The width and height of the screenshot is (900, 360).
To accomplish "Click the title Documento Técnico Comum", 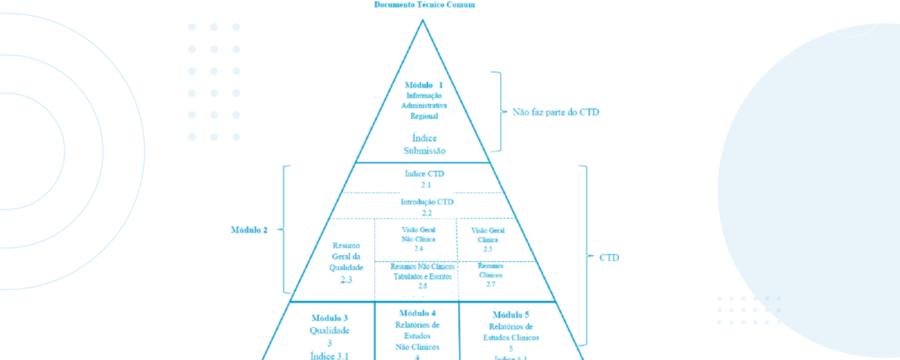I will [424, 4].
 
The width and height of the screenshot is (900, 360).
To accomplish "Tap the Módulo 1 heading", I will [424, 85].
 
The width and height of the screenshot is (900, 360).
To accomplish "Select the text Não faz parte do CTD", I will [556, 112].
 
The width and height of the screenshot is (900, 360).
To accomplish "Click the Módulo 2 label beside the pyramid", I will [249, 229].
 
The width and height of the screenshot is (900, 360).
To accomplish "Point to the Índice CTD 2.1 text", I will [424, 178].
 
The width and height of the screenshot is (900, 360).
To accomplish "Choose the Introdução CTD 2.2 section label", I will [427, 207].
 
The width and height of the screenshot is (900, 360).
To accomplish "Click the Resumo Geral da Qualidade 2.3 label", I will [346, 262].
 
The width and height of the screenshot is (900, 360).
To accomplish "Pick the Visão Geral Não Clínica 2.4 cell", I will [418, 238].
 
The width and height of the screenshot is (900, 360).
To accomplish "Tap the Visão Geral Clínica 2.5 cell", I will [487, 239].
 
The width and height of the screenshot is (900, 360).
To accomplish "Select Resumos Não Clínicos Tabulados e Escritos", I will [423, 276].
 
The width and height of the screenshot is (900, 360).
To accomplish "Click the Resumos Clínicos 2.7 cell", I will [491, 275].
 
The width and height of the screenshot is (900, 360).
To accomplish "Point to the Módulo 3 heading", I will [330, 318].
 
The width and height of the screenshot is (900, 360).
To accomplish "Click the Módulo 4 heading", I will [418, 313].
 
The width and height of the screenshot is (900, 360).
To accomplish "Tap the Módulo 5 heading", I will [511, 314].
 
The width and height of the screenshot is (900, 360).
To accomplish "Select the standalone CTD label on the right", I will [609, 257].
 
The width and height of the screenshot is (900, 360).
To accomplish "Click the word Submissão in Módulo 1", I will [424, 151].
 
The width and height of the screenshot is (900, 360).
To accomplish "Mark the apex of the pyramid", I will [423, 19].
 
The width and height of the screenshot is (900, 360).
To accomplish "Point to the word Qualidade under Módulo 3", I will [330, 330].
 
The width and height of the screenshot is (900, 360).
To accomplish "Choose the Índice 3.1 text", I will [330, 355].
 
